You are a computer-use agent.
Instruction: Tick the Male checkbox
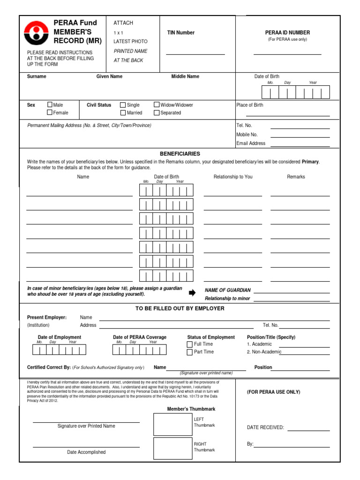[x=50, y=105]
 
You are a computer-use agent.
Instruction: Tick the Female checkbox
[x=50, y=112]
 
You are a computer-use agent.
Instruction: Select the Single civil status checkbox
[x=123, y=105]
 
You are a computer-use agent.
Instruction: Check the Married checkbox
[x=123, y=112]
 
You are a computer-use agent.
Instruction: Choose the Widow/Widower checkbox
[x=157, y=105]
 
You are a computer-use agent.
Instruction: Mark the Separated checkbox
[x=157, y=112]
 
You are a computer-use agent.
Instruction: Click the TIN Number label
[x=181, y=33]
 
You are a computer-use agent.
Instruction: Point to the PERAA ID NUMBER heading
[x=287, y=33]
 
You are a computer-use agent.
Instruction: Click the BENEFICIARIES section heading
[x=180, y=154]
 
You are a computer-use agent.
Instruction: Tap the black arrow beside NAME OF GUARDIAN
[x=192, y=293]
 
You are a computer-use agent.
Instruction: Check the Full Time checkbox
[x=190, y=345]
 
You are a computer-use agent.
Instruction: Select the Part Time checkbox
[x=190, y=352]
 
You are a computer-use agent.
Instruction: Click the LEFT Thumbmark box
[x=172, y=424]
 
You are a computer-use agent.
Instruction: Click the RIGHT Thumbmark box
[x=172, y=449]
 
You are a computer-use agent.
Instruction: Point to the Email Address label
[x=251, y=143]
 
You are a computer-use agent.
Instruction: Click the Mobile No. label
[x=247, y=135]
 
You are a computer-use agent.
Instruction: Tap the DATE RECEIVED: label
[x=265, y=427]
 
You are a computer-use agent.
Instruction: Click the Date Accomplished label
[x=86, y=452]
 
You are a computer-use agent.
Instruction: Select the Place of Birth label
[x=250, y=105]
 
